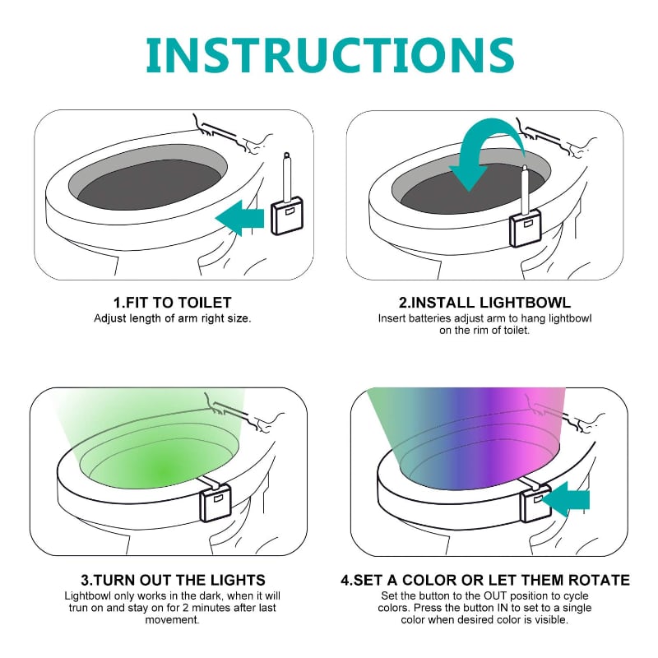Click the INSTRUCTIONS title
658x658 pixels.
[x=330, y=56]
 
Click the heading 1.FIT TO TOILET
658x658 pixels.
[x=173, y=303]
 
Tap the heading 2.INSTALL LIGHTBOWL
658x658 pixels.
[x=484, y=303]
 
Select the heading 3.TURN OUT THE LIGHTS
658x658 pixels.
[x=173, y=580]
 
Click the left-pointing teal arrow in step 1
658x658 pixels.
[x=239, y=218]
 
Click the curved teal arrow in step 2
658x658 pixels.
[x=486, y=155]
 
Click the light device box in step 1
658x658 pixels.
[x=287, y=215]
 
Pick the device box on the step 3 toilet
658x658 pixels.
[x=215, y=503]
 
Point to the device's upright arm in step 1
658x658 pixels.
[x=287, y=176]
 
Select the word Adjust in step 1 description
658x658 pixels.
[x=110, y=318]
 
